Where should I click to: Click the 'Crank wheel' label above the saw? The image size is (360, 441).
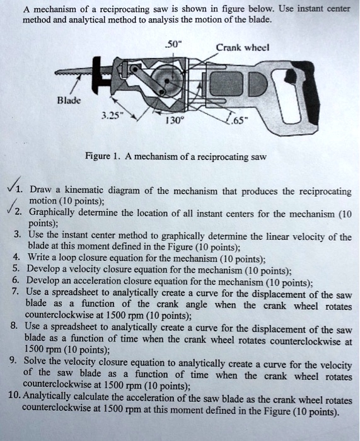point(243,47)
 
